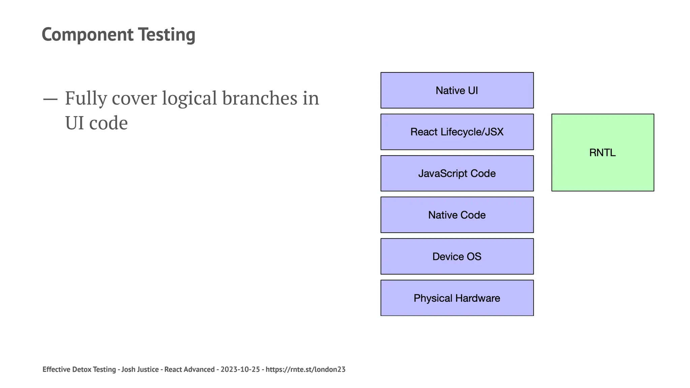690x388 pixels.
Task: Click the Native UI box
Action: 457,90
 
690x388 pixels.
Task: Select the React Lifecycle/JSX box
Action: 457,132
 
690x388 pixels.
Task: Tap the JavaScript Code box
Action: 457,173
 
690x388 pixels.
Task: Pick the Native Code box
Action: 457,215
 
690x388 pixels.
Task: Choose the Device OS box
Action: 457,256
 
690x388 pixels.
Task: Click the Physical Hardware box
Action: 457,298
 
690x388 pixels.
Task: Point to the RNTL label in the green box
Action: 602,153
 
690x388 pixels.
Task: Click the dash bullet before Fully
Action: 50,99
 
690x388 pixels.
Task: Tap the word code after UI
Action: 108,123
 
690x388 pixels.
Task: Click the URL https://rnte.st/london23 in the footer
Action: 305,369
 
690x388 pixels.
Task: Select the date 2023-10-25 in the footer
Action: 240,369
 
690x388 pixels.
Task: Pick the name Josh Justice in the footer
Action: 140,369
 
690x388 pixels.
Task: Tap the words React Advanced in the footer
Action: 189,369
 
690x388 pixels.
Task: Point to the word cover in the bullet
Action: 134,98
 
